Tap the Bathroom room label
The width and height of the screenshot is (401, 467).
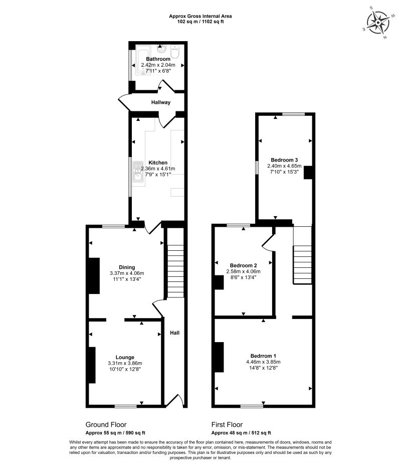point(158,59)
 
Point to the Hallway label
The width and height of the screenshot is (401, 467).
point(161,102)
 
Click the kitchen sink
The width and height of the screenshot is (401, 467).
point(137,171)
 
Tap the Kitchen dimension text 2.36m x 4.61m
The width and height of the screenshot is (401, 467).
point(158,169)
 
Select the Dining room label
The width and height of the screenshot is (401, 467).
point(127,267)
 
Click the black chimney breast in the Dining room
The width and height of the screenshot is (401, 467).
point(94,275)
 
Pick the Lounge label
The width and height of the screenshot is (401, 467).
point(125,358)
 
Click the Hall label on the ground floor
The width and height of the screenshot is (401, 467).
point(174,333)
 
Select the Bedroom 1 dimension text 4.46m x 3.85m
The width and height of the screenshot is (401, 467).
point(263,362)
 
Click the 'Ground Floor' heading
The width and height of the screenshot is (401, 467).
point(106,424)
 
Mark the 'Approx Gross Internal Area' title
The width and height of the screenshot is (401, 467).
point(200,16)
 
